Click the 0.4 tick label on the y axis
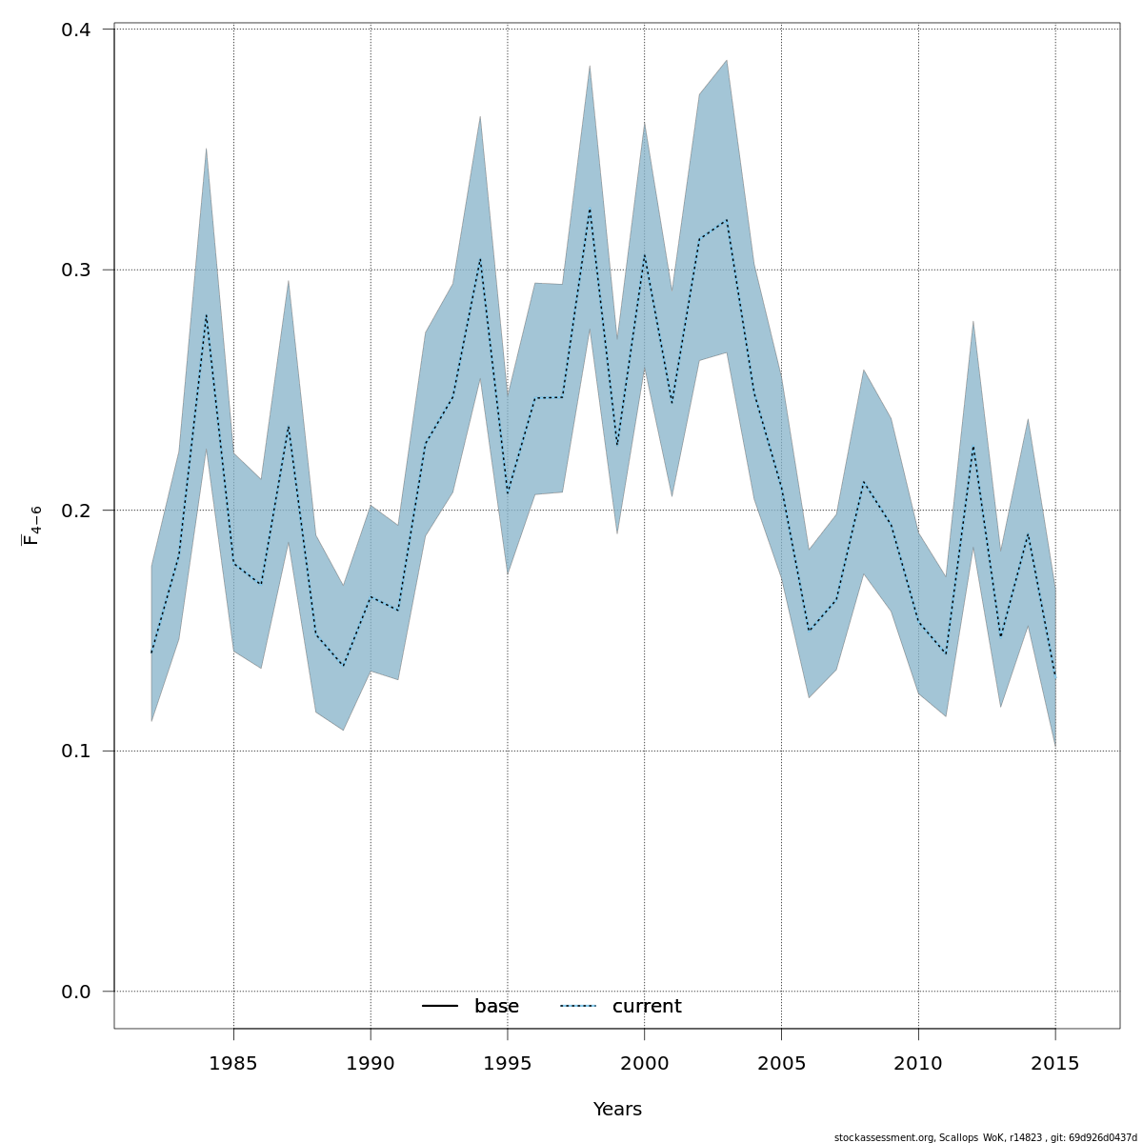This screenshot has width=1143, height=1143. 75,30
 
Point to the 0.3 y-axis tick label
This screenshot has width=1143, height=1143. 75,270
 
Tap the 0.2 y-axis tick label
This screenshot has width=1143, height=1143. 75,511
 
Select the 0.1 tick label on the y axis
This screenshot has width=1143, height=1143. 75,751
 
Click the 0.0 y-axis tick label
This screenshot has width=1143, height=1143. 75,992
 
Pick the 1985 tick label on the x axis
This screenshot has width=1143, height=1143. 233,1064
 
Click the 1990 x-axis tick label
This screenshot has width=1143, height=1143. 371,1064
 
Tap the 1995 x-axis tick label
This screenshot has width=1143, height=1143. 508,1064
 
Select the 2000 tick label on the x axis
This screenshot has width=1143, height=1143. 644,1064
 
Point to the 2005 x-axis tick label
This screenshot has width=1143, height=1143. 781,1064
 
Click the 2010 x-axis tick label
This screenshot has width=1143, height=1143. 918,1064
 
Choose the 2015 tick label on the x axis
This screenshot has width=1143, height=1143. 1055,1064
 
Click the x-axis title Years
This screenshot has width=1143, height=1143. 617,1110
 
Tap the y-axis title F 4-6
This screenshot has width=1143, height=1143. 31,525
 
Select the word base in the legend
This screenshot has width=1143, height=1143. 496,1007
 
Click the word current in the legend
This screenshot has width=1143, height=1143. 647,1007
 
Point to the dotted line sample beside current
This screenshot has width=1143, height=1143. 577,1007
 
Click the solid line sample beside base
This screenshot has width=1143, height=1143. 440,1007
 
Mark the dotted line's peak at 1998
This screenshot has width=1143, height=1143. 590,210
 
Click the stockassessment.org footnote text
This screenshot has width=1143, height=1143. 985,1137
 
